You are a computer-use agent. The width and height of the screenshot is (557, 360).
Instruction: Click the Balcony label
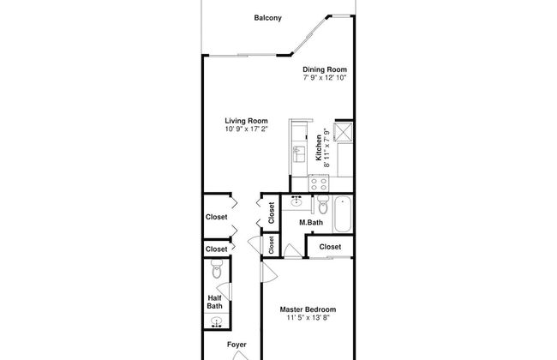coord(268,17)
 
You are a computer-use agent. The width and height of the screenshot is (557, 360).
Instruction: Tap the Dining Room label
coord(325,69)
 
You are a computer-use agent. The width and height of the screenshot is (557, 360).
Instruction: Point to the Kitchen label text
coord(319,147)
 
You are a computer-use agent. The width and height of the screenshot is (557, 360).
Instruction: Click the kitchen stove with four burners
coord(320,183)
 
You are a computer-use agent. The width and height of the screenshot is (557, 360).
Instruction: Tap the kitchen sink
coord(299,153)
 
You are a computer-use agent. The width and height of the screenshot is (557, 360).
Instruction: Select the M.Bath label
coord(310,223)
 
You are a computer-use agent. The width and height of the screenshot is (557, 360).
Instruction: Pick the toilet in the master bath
coord(322,206)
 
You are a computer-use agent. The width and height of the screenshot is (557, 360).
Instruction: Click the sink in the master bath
coord(297,201)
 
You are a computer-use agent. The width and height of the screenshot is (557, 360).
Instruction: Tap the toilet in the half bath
coord(217,273)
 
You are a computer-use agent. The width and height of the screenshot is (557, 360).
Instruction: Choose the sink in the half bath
coord(217,324)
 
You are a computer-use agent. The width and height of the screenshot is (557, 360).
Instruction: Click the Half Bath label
coord(215,302)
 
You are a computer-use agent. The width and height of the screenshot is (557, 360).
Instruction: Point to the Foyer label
coord(237,345)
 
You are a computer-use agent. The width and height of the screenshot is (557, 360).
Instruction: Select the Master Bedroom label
coord(308,309)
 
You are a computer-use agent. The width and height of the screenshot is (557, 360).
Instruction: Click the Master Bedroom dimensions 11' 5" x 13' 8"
coord(308,318)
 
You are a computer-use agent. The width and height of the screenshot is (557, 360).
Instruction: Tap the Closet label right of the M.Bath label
coord(331,247)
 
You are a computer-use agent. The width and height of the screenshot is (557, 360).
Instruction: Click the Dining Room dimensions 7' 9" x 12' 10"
coord(325,78)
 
